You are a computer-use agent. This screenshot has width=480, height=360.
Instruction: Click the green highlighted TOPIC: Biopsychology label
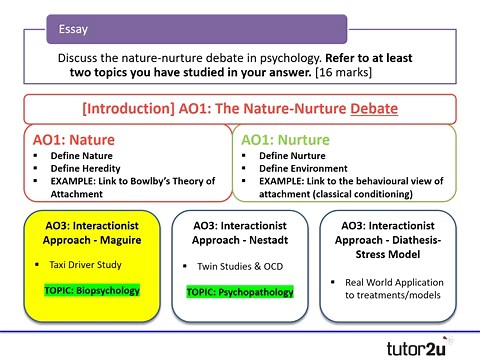point(92,290)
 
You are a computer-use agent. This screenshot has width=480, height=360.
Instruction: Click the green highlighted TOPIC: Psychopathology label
point(240,292)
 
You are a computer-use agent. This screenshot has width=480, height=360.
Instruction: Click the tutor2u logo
point(418,346)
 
